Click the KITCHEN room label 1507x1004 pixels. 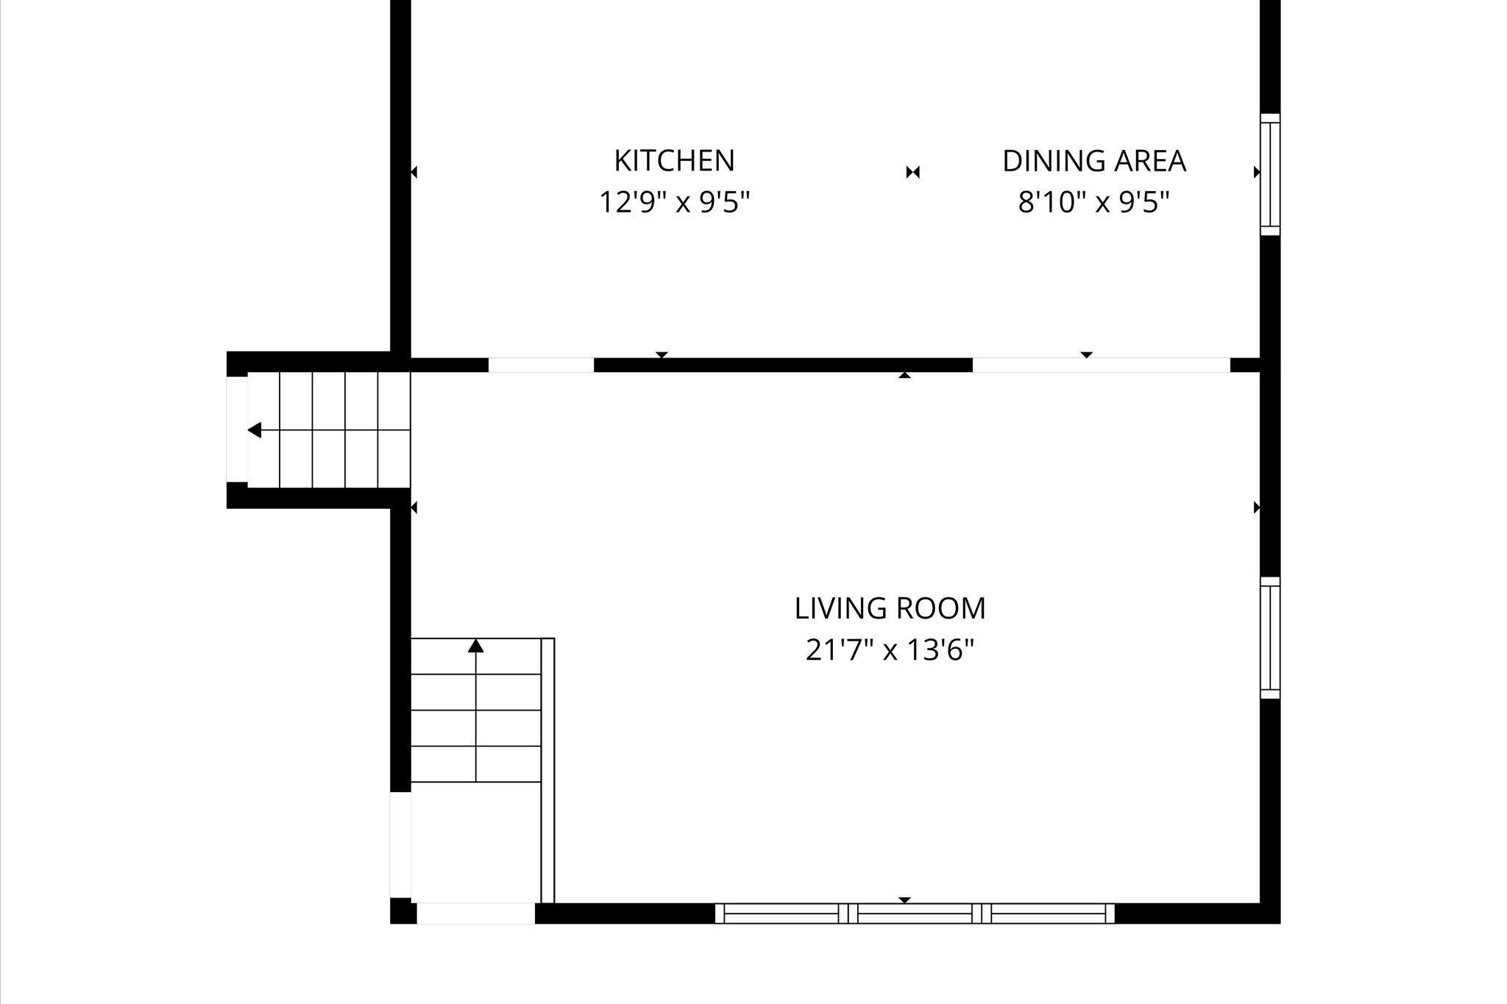[674, 160]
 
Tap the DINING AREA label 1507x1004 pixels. [1094, 161]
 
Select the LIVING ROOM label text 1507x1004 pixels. [890, 608]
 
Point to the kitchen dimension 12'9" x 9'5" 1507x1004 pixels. [674, 202]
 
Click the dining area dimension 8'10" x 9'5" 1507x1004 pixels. [1093, 202]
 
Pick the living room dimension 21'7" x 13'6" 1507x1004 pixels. [890, 649]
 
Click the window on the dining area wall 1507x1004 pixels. [1270, 174]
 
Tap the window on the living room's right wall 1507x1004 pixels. [1270, 638]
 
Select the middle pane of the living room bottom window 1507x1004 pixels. [915, 914]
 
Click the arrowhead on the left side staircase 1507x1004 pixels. [255, 430]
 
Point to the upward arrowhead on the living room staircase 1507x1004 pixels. [476, 646]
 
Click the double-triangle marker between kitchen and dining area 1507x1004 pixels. [912, 172]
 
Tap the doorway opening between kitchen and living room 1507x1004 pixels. [541, 365]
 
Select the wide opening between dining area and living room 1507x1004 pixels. [1102, 365]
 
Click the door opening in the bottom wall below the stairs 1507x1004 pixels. [476, 914]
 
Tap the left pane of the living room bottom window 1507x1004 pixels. [781, 914]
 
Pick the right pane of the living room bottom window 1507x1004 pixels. [1049, 914]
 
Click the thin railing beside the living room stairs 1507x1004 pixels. [547, 770]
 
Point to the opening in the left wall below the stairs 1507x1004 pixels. [400, 845]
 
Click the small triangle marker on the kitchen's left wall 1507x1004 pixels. [414, 172]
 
